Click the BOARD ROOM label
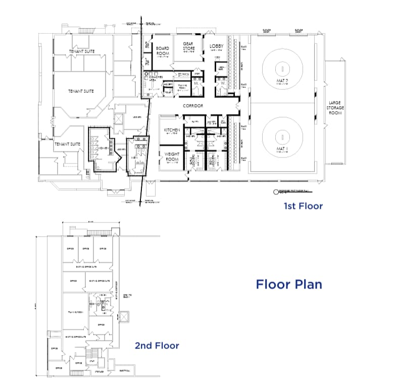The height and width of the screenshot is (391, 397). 162,51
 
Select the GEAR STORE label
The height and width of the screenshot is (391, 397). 188,46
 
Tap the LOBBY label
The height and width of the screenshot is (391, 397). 216,46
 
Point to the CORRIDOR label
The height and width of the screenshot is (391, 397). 193,105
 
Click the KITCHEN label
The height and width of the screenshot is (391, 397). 172,130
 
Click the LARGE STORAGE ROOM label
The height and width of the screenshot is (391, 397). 335,107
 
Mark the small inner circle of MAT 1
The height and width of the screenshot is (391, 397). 282,136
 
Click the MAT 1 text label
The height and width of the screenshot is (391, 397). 282,149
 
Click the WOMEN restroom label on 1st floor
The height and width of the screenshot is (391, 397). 102,148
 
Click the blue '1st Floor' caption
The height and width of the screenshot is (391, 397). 302,206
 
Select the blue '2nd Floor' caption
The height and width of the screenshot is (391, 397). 157,346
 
